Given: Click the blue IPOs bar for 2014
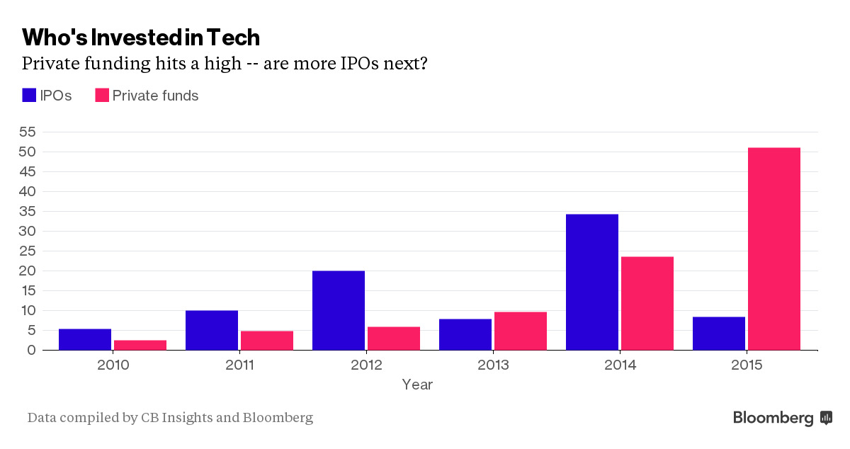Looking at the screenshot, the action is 592,282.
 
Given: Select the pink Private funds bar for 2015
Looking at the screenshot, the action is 774,249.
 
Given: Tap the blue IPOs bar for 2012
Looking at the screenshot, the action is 339,310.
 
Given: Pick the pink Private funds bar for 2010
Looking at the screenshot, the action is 140,345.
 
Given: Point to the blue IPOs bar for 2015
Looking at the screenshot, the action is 719,334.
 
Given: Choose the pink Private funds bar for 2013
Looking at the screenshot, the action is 521,331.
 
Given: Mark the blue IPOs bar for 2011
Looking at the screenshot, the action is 212,330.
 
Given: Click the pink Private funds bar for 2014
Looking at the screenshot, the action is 647,304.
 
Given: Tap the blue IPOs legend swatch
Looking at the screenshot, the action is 29,96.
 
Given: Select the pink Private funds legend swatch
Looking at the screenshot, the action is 102,96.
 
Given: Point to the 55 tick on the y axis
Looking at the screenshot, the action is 28,132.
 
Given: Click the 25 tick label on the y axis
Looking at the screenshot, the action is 28,251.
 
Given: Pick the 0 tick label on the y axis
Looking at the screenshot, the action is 31,350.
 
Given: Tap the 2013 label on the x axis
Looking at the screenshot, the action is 493,365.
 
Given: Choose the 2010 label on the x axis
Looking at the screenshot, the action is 113,365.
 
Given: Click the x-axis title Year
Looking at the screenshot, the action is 417,385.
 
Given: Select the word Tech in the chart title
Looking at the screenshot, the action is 233,38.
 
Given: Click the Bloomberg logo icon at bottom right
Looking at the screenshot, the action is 827,418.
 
